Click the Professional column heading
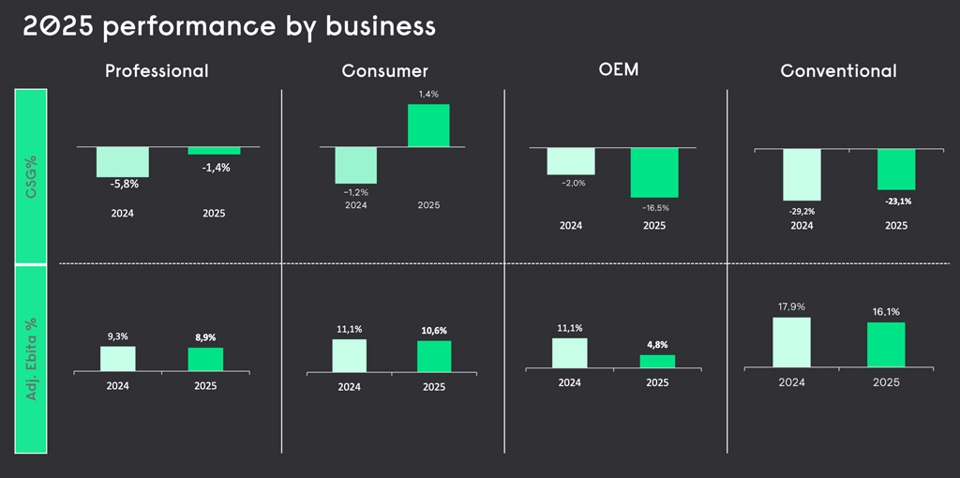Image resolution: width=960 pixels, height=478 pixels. [157, 70]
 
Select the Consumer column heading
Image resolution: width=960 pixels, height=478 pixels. [385, 70]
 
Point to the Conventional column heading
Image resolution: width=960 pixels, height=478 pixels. [838, 70]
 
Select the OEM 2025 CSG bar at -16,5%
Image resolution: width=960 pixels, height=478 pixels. [653, 172]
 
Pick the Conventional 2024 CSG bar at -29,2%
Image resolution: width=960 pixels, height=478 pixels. [802, 174]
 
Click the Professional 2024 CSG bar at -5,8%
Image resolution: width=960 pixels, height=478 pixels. [122, 162]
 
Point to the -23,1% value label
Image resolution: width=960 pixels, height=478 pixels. [896, 201]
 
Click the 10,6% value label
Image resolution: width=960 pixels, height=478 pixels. [434, 330]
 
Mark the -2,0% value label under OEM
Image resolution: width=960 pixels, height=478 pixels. [573, 183]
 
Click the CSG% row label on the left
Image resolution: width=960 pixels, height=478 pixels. [32, 175]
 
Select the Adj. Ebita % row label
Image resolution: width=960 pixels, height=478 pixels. [32, 359]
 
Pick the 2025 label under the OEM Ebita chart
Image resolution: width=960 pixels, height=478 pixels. [657, 382]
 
